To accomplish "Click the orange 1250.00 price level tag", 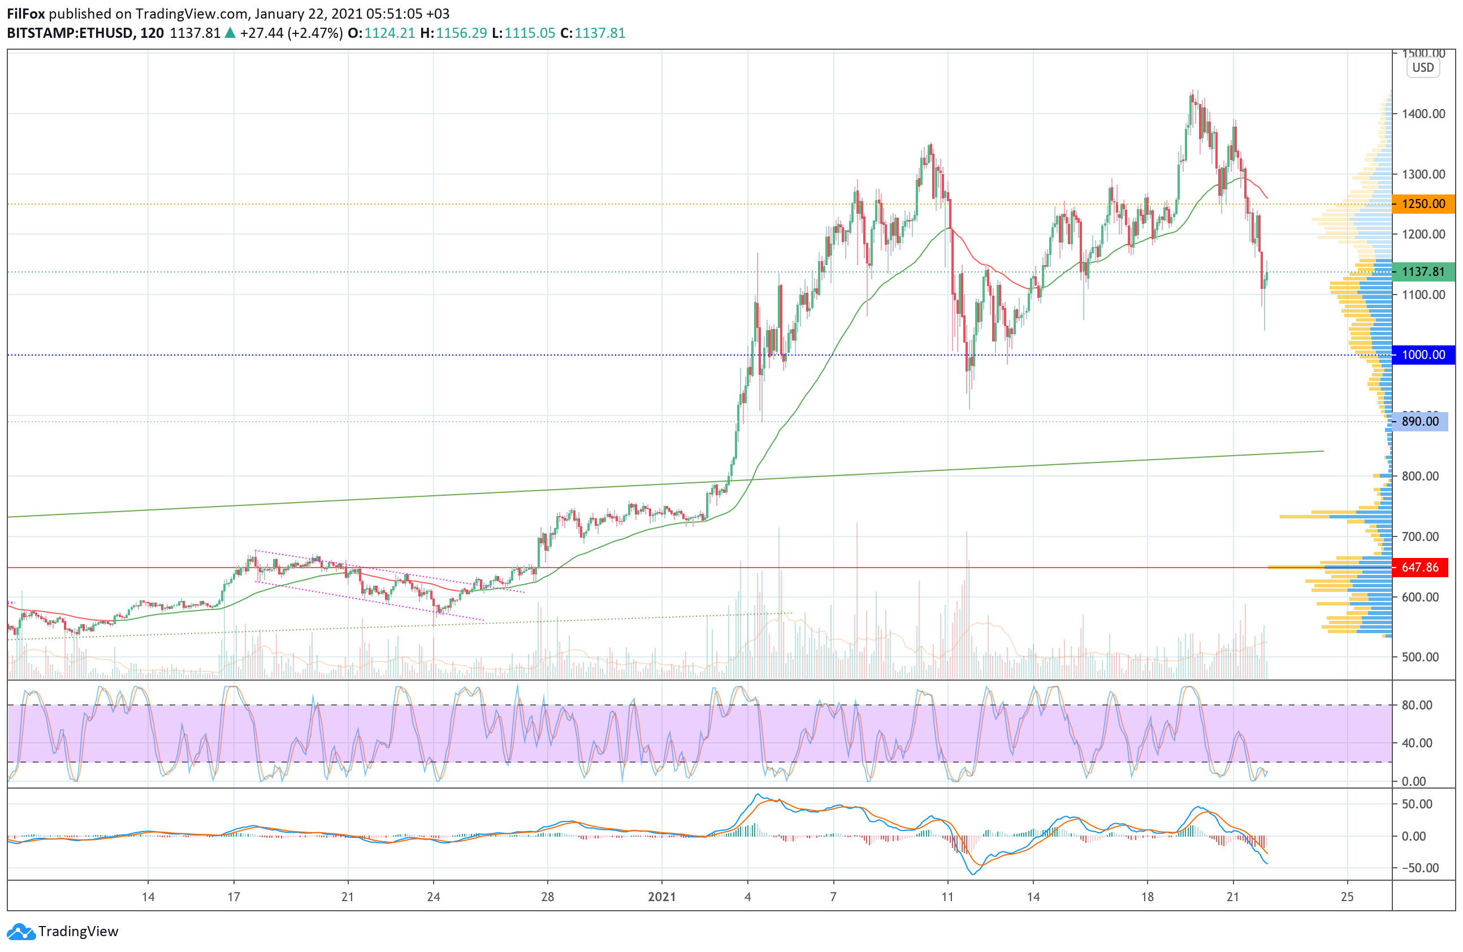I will coord(1423,204).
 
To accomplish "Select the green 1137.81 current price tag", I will coord(1423,272).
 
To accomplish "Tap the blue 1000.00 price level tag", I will coord(1423,354).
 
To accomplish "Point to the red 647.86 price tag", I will coord(1420,567).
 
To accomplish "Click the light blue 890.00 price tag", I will coord(1420,422).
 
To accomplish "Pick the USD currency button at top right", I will coord(1422,68).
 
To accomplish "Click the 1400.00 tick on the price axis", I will coord(1423,114).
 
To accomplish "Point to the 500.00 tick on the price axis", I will coord(1420,657).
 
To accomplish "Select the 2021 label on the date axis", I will coord(661,897).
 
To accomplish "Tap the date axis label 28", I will coord(547,897).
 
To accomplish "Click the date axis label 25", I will coord(1347,897).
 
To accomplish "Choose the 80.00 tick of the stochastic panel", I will coord(1417,705).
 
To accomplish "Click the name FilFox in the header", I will coord(26,14).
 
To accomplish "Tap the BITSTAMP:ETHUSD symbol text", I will coord(70,33).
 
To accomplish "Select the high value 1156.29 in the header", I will coord(461,33).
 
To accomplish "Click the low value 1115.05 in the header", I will coord(529,33).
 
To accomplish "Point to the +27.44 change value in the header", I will coord(261,33).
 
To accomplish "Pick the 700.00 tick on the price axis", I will coord(1420,536).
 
